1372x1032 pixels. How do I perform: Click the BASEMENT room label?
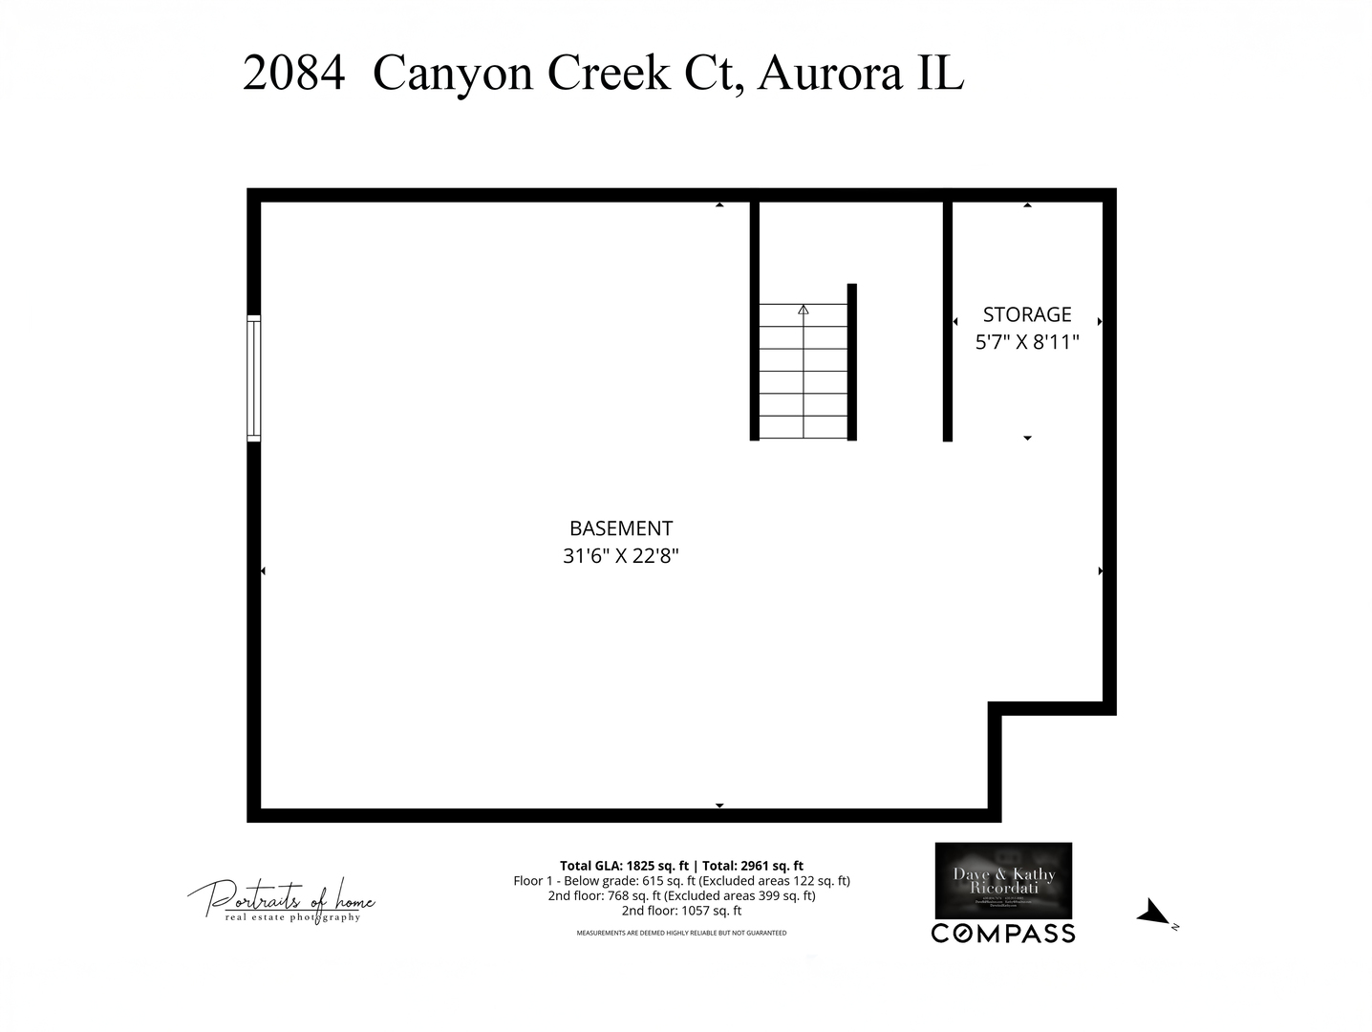pos(621,528)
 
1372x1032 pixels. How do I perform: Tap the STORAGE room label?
pos(1027,314)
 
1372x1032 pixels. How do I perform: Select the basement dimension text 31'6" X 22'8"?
pos(621,556)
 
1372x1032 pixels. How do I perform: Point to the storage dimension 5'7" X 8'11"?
pos(1027,342)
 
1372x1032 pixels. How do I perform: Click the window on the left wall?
pos(253,377)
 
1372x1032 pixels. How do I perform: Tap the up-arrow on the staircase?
pos(804,310)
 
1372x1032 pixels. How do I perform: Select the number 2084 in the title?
pos(293,73)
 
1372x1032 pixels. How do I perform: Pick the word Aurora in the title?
pos(829,73)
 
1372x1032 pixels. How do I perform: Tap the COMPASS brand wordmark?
pos(1003,934)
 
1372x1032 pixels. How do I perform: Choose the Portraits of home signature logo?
pos(282,897)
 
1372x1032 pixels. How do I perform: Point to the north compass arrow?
pos(1153,913)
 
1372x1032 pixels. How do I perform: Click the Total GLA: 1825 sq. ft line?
pos(681,866)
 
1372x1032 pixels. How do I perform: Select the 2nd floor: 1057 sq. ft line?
pos(681,911)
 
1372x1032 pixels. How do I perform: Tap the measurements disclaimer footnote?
pos(681,933)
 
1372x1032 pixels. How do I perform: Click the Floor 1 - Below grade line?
pos(681,881)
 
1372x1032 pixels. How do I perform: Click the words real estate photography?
pos(293,917)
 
